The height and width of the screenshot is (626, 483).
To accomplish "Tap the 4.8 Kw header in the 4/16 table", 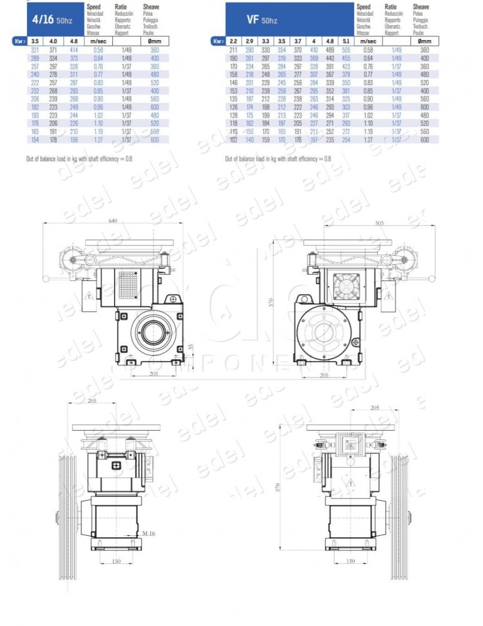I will pos(74,41).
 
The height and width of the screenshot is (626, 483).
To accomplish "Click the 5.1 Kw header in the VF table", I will pos(346,41).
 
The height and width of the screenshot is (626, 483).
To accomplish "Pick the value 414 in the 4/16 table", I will pos(74,49).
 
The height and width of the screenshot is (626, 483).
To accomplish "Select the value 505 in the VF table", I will pos(346,49).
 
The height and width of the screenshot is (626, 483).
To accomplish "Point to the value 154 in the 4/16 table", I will pos(35,140).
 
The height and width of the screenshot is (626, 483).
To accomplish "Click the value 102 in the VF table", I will pos(233,140).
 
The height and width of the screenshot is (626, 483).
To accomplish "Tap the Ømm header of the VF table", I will pos(425,41).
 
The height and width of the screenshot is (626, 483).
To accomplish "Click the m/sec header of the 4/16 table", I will pos(98,41).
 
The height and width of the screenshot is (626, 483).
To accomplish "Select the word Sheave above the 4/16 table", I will pos(150,6).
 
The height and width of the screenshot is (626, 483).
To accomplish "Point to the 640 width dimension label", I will pos(113,221).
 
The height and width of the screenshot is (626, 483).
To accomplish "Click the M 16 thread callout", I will pos(148,533).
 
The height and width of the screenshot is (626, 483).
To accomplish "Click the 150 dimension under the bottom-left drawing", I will pos(116,562).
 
